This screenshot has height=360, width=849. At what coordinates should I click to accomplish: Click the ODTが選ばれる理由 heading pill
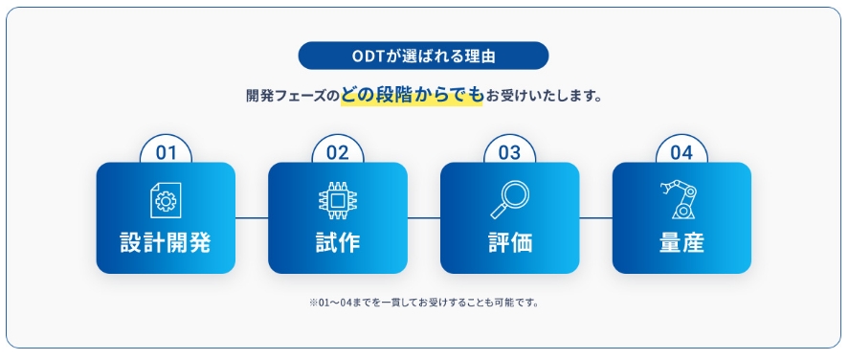423,56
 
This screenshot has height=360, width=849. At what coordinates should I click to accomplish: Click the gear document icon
166,200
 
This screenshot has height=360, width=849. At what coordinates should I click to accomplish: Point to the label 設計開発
166,243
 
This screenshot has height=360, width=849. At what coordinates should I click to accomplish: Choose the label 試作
338,243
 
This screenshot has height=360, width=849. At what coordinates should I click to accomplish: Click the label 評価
509,243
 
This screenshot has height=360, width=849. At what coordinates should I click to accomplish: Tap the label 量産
681,243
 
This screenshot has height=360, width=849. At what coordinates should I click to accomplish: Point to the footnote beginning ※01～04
424,303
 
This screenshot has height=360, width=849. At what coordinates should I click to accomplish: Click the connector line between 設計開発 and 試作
252,218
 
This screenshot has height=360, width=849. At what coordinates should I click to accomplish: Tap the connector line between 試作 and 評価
424,218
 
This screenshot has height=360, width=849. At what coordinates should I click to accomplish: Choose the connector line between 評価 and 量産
595,218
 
